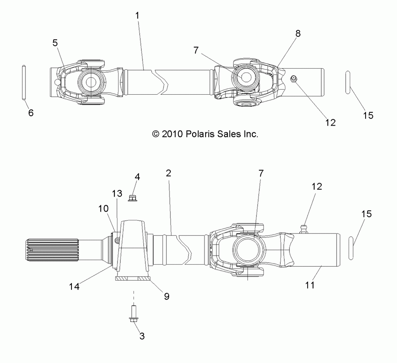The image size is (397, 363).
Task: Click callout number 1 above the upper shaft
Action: coord(137,16)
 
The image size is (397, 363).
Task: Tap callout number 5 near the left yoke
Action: coord(55,43)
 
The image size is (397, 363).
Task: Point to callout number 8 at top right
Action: coord(298,33)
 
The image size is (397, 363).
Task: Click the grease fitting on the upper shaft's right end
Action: coord(294,79)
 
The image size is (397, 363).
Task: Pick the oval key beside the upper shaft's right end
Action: coord(348,82)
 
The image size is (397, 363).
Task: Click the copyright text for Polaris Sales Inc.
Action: coord(205,134)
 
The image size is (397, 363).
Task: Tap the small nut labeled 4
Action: coord(132,198)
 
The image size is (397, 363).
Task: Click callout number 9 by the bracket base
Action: coord(166,296)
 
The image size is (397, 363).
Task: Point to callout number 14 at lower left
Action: coord(75,287)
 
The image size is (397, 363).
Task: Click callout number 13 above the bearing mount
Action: coord(117,194)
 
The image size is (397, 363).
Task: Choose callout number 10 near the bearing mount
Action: coord(103,208)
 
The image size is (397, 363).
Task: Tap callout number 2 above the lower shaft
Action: coord(169,173)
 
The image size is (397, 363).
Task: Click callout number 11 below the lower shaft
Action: coord(310,285)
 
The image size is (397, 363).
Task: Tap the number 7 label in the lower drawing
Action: coord(261,174)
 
